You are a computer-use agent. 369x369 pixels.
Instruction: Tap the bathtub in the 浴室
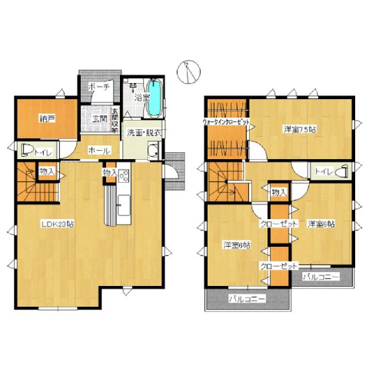(155, 95)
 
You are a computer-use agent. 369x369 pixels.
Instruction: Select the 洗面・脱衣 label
(144, 132)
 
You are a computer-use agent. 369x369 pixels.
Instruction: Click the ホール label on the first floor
(99, 150)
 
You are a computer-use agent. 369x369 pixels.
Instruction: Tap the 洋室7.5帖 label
(299, 129)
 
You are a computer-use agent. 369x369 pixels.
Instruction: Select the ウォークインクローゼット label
(227, 122)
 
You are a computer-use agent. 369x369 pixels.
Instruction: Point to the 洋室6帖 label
(321, 223)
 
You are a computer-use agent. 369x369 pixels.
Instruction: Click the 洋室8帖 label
(237, 245)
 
